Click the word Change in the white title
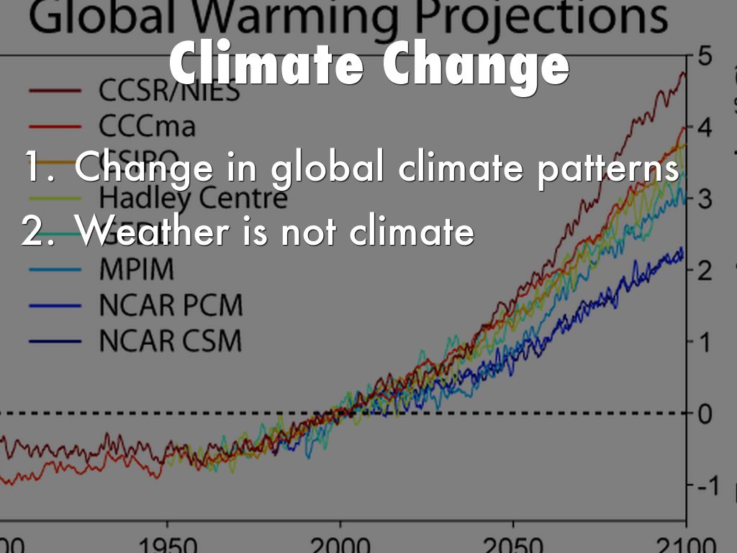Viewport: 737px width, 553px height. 475,66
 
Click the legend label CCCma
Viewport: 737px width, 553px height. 147,127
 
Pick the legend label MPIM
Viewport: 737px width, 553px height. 137,270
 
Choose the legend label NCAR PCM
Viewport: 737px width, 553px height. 171,305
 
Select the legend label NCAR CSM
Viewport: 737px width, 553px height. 171,341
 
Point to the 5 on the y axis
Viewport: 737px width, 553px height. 705,57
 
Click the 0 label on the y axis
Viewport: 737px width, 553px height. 705,414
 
